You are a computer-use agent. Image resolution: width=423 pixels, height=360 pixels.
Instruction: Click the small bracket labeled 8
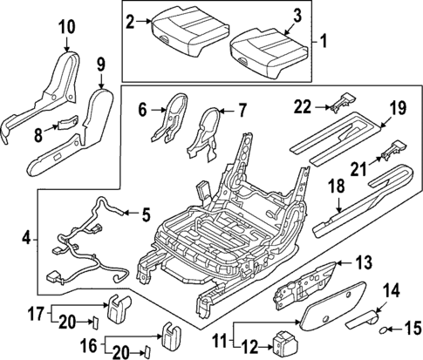(67, 124)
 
